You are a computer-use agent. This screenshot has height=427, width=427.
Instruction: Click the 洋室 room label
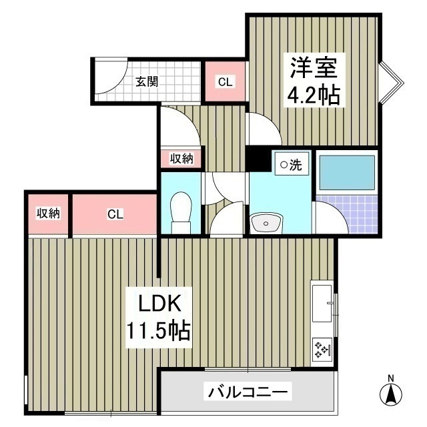[x=314, y=67]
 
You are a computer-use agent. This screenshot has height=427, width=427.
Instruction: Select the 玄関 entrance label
[x=147, y=82]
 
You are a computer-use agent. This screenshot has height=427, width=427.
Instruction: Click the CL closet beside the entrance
[x=225, y=82]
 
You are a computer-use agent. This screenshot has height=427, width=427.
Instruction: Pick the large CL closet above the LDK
[x=115, y=214]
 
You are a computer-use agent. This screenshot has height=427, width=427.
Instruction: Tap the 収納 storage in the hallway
[x=181, y=158]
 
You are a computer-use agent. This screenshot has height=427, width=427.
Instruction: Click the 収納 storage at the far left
[x=48, y=213]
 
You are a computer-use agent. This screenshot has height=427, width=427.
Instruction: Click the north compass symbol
[x=391, y=394]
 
